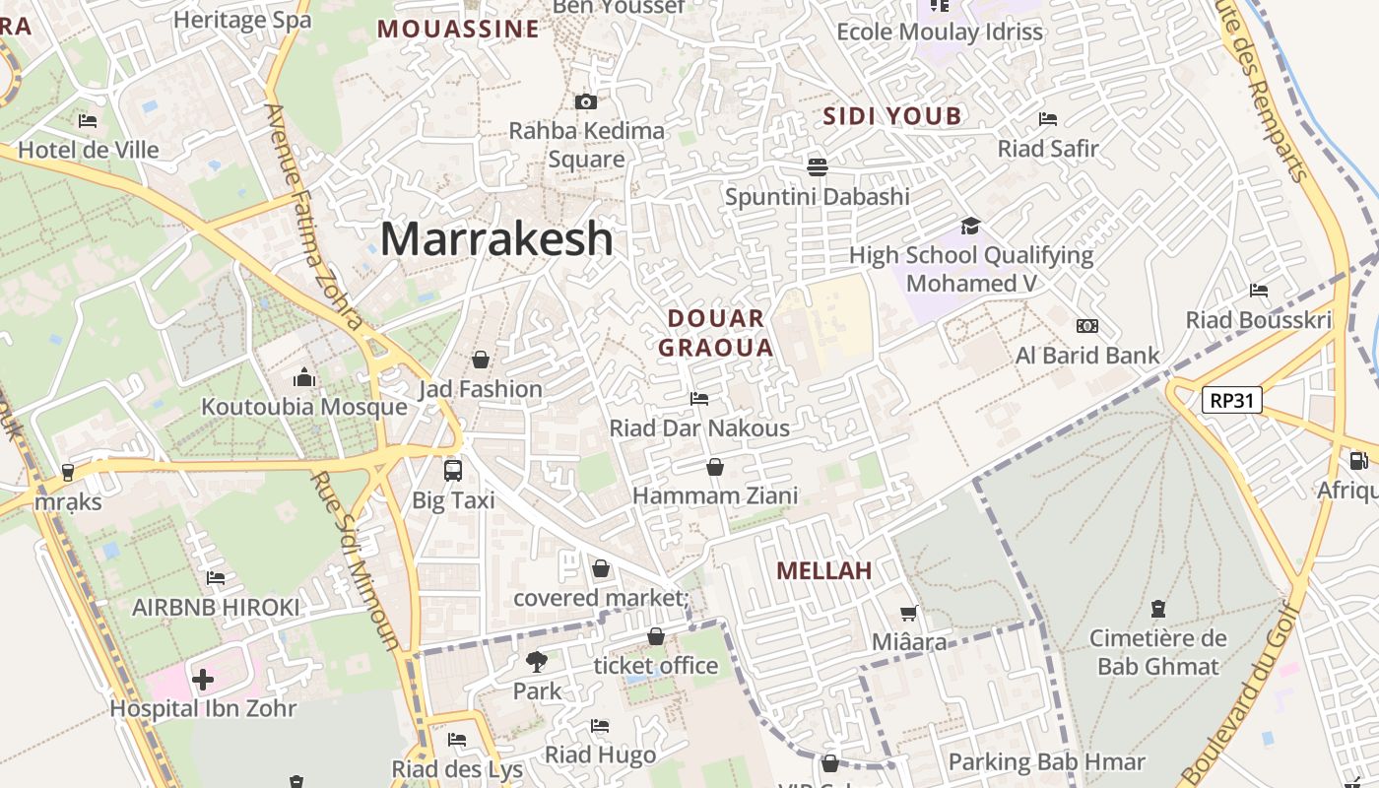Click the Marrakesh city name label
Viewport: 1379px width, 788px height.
[x=496, y=239]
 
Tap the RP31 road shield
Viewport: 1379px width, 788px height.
[x=1231, y=400]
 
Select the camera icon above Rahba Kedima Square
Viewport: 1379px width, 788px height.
[x=585, y=101]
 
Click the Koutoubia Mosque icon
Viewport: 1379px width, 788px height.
[x=303, y=378]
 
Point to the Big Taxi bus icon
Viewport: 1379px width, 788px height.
[x=453, y=471]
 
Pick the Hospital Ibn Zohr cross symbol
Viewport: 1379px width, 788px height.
[x=203, y=680]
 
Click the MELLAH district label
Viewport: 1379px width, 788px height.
[x=824, y=571]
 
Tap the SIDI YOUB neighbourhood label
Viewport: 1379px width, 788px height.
[x=891, y=116]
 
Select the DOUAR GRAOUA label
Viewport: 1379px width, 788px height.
[x=716, y=333]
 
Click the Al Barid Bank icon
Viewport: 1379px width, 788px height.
[x=1087, y=326]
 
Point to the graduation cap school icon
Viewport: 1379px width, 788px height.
[x=971, y=227]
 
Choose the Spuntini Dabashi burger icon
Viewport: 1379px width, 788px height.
[x=817, y=166]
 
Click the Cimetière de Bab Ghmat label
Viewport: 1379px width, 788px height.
[x=1158, y=652]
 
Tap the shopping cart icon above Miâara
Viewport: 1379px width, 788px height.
[x=909, y=614]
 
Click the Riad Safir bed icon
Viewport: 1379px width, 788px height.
[x=1048, y=119]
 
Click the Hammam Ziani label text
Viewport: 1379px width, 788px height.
[x=715, y=495]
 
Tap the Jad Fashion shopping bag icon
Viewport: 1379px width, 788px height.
[x=481, y=360]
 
